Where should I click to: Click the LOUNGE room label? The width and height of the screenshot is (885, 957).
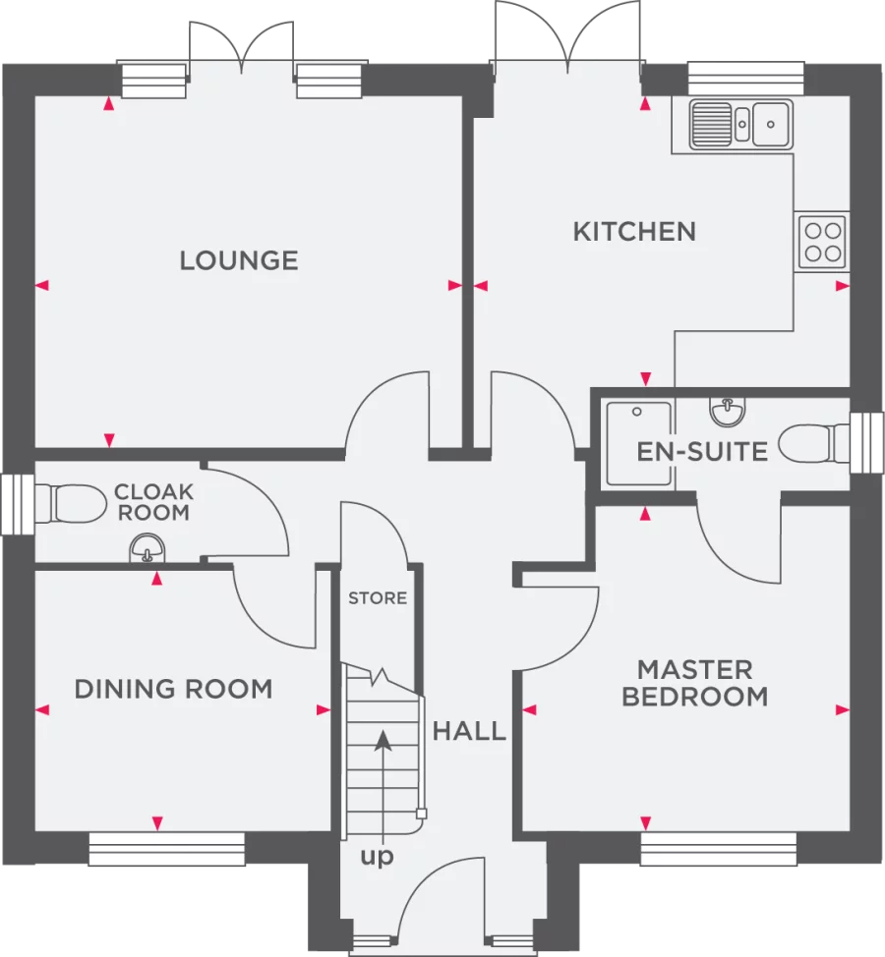coord(238,260)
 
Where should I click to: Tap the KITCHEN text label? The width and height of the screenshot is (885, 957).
coord(634,232)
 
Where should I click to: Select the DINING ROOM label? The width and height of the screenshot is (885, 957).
coord(173,689)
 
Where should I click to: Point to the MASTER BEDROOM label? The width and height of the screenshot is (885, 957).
coord(694,684)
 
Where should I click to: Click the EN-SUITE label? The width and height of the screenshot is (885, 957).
coord(701,452)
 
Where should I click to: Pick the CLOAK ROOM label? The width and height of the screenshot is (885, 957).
coord(152,501)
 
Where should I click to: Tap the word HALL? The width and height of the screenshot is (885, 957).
coord(469,731)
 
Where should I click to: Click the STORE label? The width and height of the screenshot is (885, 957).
coord(378,598)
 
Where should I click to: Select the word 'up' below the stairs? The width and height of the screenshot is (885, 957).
coord(377,858)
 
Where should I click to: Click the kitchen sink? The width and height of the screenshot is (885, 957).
coord(741,124)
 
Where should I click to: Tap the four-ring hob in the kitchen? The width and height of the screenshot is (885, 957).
coord(821,242)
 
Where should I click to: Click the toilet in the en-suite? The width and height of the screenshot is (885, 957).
coord(808,444)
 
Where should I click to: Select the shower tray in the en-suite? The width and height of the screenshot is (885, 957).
coord(638,443)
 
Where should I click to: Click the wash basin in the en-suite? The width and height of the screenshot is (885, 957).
coord(728,413)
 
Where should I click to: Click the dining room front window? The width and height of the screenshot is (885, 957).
coord(166,850)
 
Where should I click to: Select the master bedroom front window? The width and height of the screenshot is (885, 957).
coord(718,850)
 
